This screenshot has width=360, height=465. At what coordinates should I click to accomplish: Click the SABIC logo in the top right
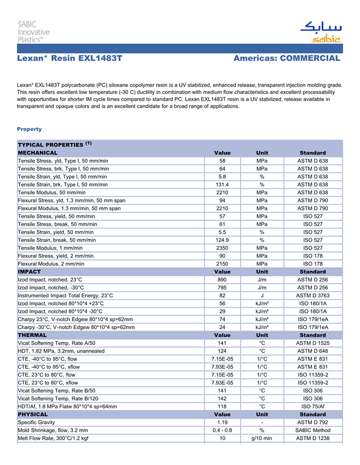[x=320, y=32]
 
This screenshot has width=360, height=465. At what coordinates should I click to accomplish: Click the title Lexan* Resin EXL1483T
[x=69, y=59]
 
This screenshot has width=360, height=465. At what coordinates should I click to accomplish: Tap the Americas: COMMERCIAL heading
[x=286, y=59]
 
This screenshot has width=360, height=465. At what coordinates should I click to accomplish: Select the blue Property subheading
[x=29, y=129]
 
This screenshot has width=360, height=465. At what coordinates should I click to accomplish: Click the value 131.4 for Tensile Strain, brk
[x=222, y=184]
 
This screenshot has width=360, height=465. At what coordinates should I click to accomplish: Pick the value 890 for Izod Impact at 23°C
[x=222, y=280]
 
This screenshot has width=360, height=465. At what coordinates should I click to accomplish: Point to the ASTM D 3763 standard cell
[x=312, y=295]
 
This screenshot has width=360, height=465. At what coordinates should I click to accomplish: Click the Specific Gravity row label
[x=38, y=422]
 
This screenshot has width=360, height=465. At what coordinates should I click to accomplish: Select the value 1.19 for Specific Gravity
[x=222, y=422]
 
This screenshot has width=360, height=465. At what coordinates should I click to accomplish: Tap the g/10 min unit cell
[x=262, y=438]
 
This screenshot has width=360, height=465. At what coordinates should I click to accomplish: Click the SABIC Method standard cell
[x=312, y=431]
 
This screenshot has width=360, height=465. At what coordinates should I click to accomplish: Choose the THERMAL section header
[x=32, y=335]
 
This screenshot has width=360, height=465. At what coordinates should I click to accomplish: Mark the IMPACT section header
[x=29, y=271]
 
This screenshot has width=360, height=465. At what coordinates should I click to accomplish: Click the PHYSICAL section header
[x=33, y=414]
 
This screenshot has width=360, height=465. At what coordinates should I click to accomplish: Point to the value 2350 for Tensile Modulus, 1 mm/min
[x=222, y=248]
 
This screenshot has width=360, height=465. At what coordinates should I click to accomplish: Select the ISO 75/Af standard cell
[x=312, y=406]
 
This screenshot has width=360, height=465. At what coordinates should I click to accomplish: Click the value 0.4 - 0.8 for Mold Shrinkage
[x=222, y=431]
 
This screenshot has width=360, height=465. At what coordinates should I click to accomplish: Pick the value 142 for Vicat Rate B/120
[x=222, y=399]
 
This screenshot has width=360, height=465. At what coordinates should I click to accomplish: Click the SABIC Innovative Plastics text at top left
[x=34, y=32]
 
